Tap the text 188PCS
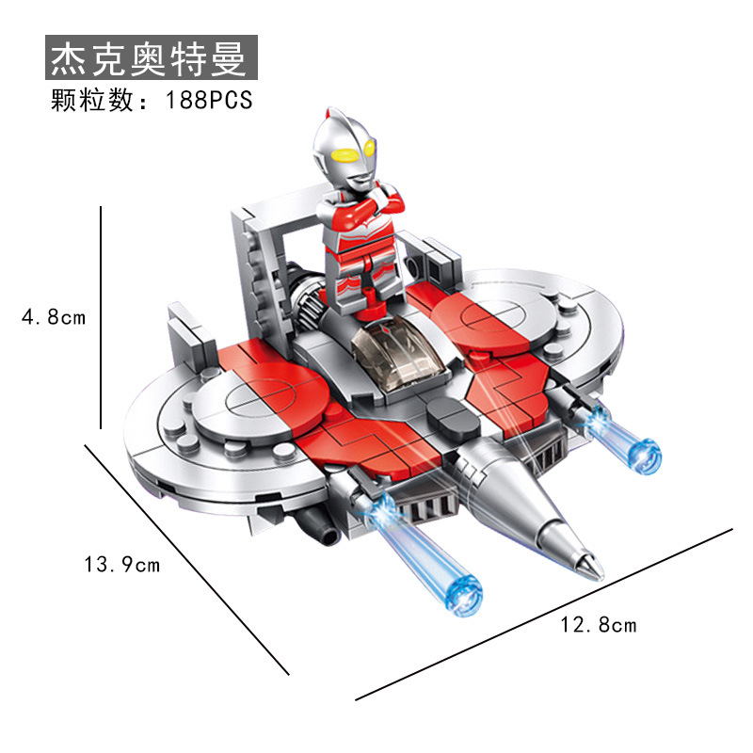(210, 101)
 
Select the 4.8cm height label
(54, 317)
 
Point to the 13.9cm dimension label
(122, 565)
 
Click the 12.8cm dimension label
(599, 624)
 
